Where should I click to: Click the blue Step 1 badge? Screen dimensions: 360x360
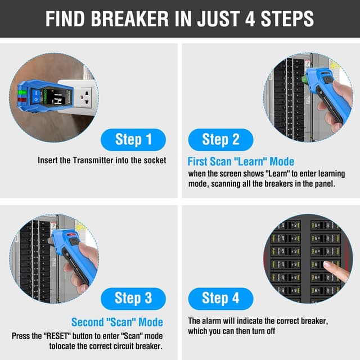pyautogui.click(x=133, y=139)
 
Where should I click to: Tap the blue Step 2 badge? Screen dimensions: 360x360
pyautogui.click(x=220, y=139)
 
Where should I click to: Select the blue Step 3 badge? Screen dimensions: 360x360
pyautogui.click(x=133, y=298)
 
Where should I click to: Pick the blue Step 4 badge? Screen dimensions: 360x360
pyautogui.click(x=220, y=298)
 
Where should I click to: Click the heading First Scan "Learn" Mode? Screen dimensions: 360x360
pyautogui.click(x=241, y=162)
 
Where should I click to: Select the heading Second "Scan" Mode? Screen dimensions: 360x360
pyautogui.click(x=117, y=322)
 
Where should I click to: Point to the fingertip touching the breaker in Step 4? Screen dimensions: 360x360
pyautogui.click(x=327, y=265)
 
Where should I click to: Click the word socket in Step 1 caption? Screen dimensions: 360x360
pyautogui.click(x=155, y=160)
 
